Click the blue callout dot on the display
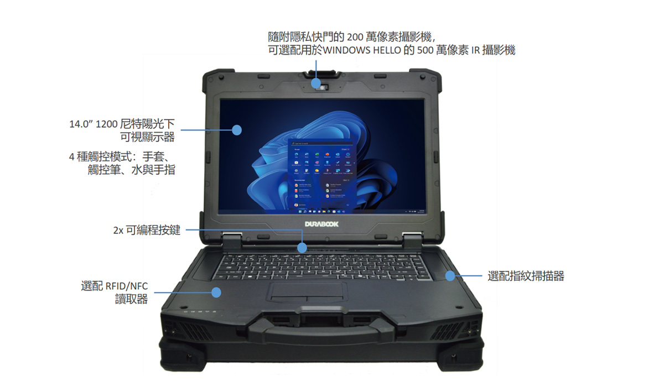237,130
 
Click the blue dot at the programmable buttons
302,247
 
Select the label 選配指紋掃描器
526,276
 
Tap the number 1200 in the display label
106,124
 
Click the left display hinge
232,239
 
